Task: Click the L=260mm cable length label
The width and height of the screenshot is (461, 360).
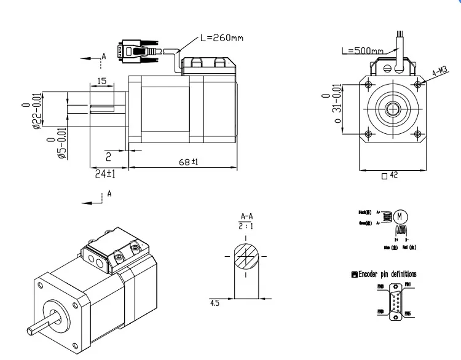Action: tap(222, 37)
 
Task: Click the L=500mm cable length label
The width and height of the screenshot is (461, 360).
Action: tap(362, 51)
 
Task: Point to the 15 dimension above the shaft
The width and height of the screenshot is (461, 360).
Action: tap(101, 81)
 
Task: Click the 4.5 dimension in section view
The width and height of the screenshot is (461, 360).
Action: tap(215, 303)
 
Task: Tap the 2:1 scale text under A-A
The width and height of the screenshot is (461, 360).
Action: tap(246, 226)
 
